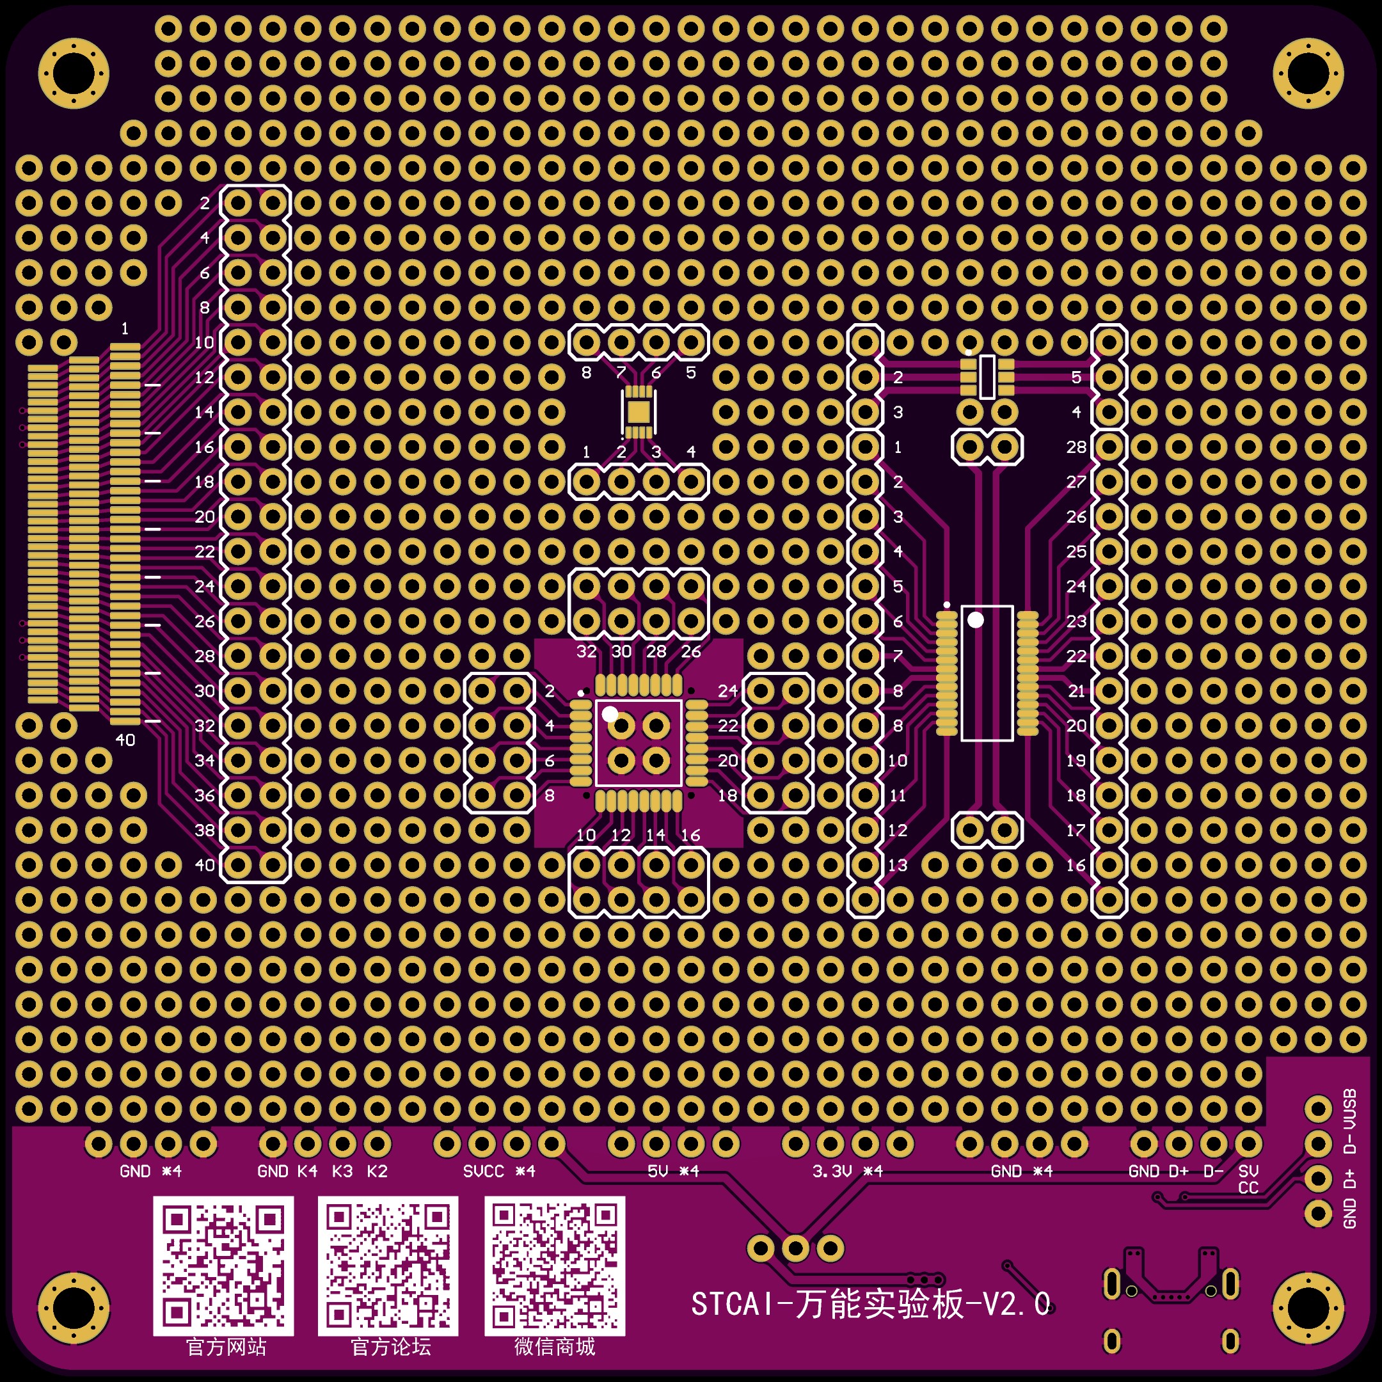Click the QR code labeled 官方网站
tap(223, 1266)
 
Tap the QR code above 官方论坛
tap(388, 1266)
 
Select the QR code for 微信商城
tap(554, 1266)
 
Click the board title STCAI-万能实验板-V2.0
tap(871, 1304)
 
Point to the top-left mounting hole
tap(74, 73)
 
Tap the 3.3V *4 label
tap(848, 1172)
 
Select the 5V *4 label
tap(672, 1172)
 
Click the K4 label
tap(308, 1172)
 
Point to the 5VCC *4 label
tap(498, 1172)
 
